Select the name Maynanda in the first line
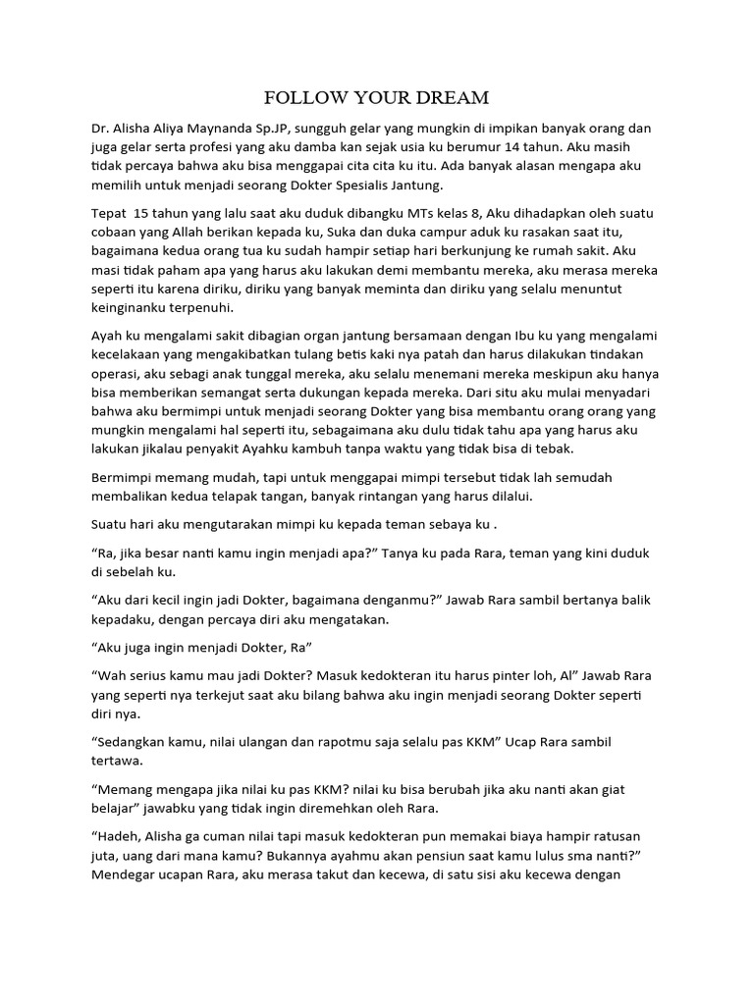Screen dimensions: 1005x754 click(x=243, y=130)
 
